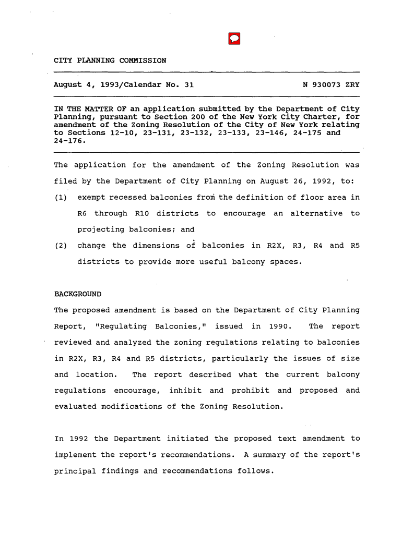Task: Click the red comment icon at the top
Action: [234, 39]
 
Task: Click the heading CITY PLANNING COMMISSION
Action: [110, 60]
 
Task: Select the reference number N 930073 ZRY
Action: [331, 84]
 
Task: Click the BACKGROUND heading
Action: [78, 294]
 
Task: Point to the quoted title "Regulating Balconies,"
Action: [152, 326]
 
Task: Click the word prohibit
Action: [251, 391]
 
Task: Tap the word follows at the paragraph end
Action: [255, 471]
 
